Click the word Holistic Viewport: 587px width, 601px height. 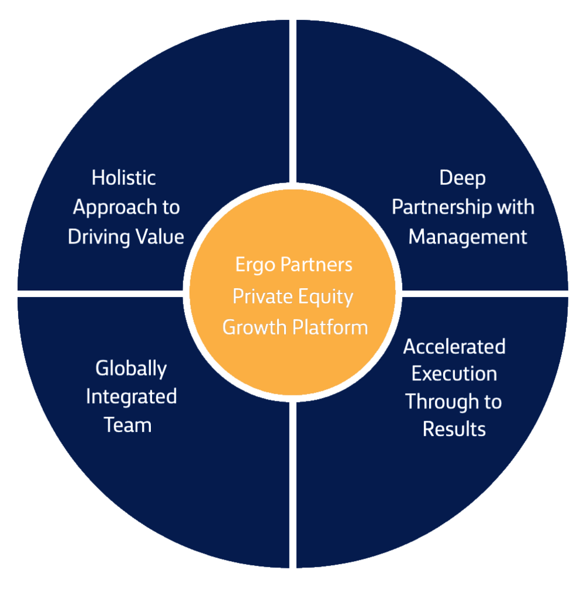(x=123, y=177)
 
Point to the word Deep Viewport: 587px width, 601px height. (x=463, y=177)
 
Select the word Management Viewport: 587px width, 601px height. (x=467, y=237)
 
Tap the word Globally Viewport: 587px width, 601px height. (x=131, y=369)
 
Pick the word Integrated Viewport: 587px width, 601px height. (x=131, y=397)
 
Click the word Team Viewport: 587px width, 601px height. (x=128, y=424)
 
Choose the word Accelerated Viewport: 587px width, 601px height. (x=454, y=346)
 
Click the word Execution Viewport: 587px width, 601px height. (x=454, y=374)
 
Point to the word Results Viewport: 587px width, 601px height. (x=454, y=429)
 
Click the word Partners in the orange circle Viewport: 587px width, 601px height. (x=316, y=265)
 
